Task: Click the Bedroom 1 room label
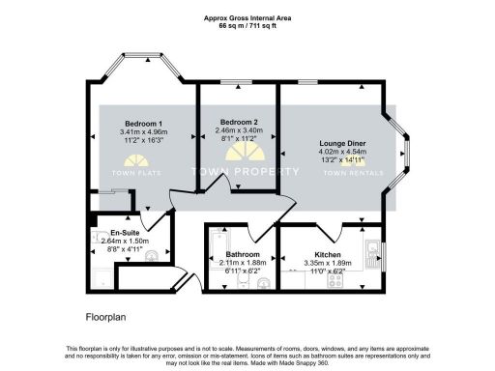140,122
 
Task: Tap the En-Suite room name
123,234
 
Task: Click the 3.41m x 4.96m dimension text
141,131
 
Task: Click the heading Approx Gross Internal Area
247,17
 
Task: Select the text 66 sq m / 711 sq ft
247,26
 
